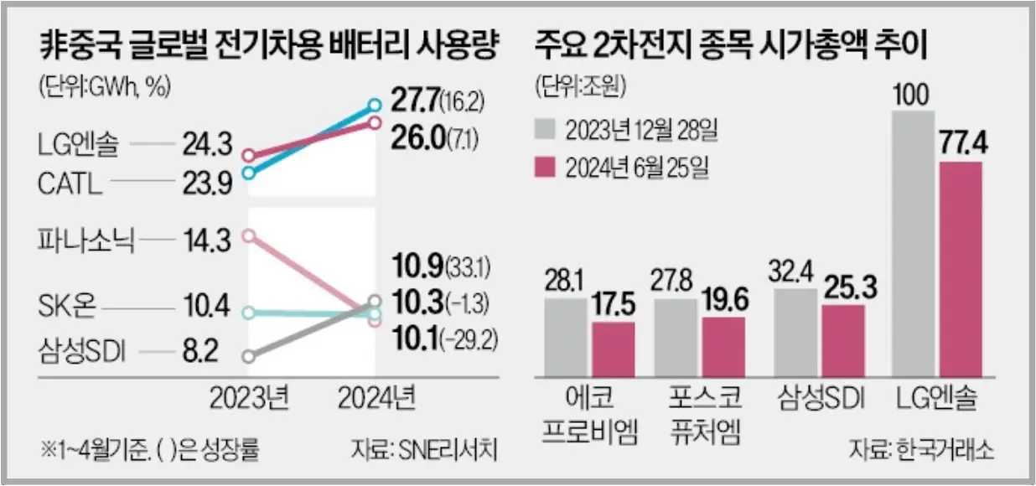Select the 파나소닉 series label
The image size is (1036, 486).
(x=81, y=240)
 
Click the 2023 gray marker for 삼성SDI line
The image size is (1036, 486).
(x=247, y=356)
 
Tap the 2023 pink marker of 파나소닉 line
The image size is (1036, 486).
(x=247, y=235)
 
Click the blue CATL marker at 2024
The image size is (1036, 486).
(x=376, y=106)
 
